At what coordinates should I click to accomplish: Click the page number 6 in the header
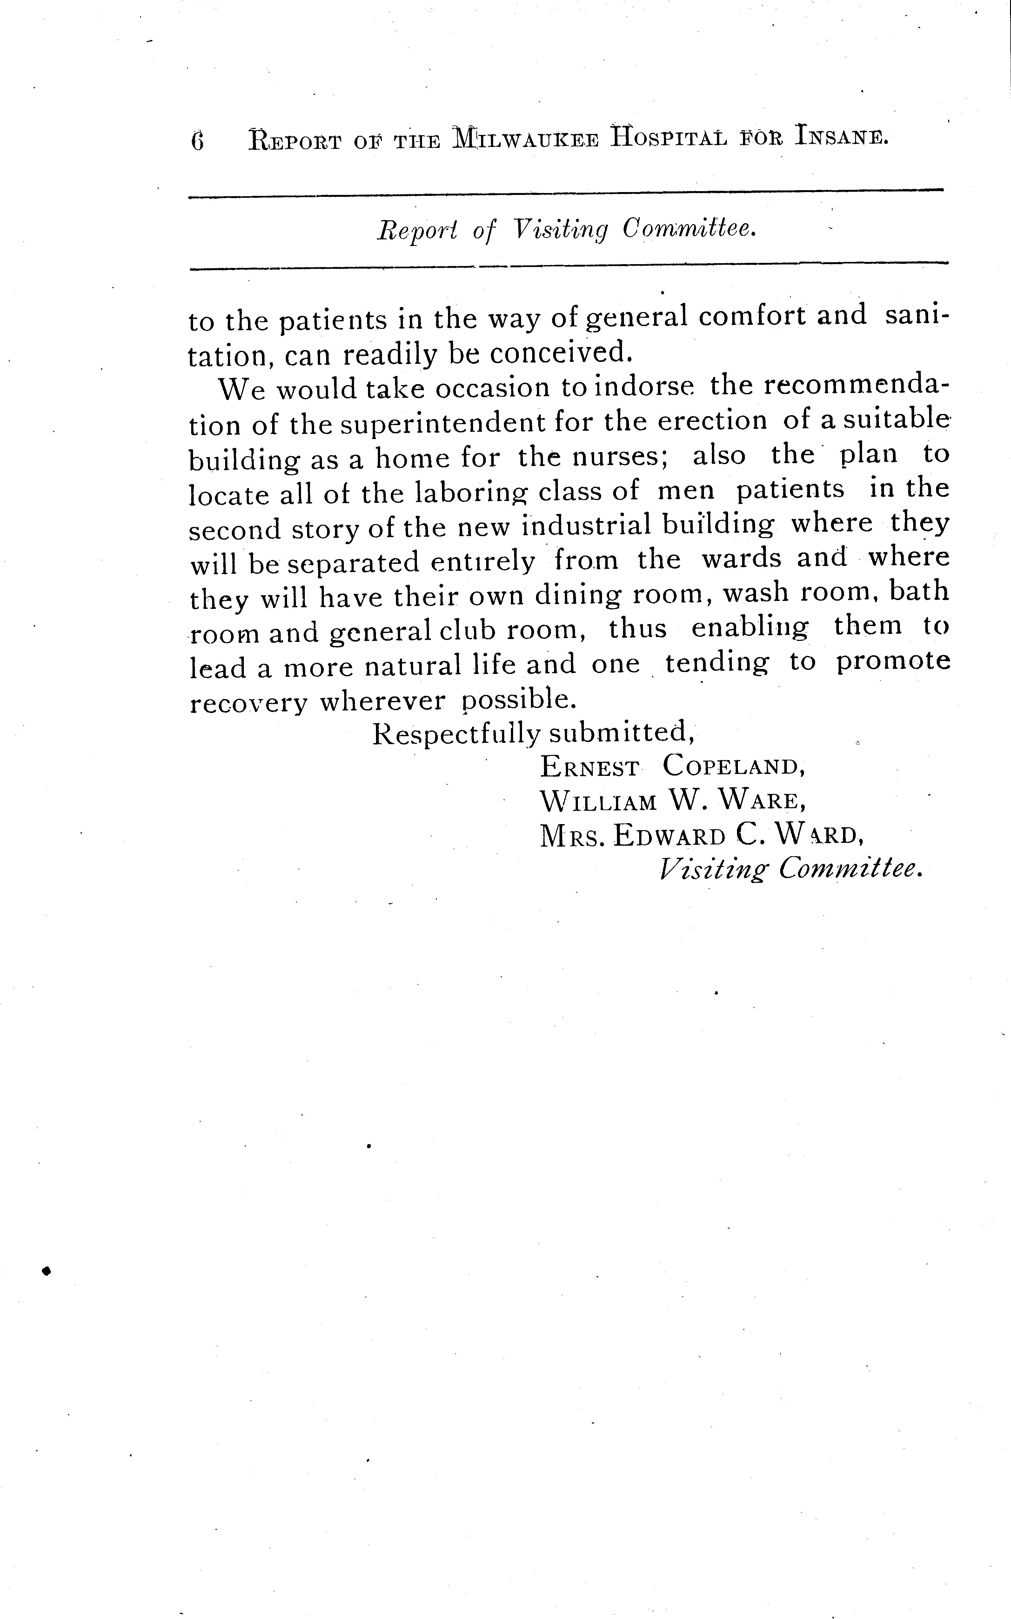[197, 141]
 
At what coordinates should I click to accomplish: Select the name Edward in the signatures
[670, 836]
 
